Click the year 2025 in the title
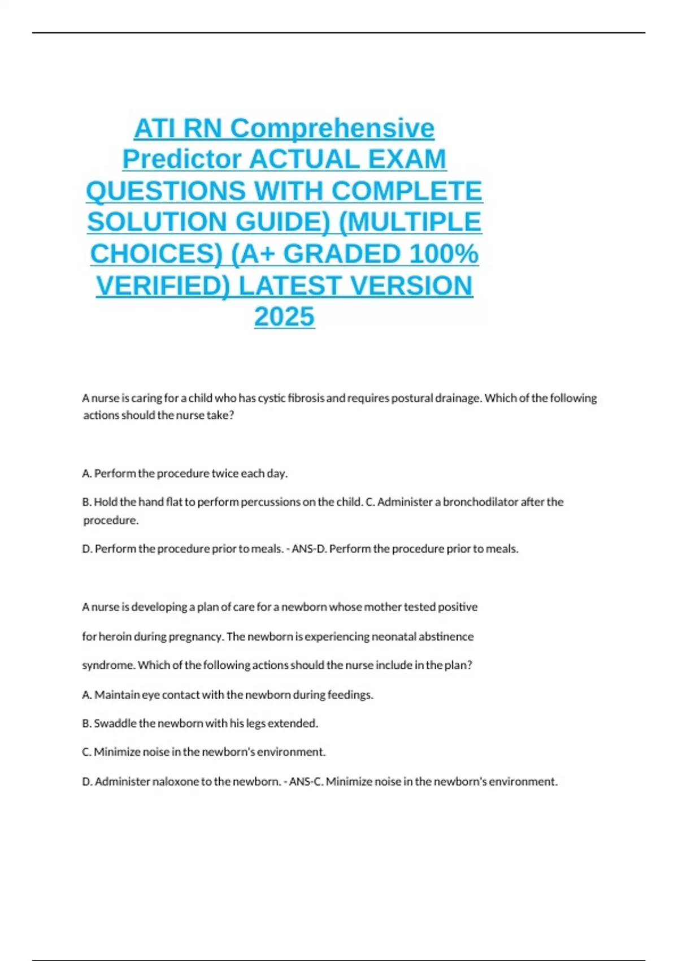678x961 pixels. [284, 317]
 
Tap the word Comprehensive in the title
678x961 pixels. [332, 128]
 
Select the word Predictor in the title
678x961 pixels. [182, 159]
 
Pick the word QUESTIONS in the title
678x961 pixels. [166, 191]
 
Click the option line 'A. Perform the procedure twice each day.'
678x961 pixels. [185, 473]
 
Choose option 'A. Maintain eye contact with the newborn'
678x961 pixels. [227, 694]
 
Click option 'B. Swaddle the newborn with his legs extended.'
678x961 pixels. [200, 723]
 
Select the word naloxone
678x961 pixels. [175, 781]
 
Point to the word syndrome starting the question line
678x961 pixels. [108, 665]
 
